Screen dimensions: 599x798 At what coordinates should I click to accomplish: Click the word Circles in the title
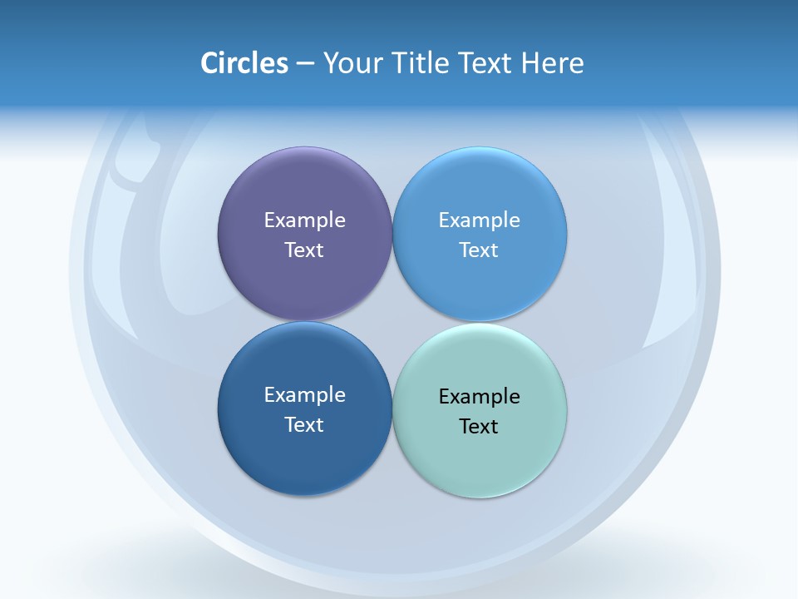pyautogui.click(x=244, y=63)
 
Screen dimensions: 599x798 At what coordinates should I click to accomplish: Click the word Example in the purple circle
pyautogui.click(x=304, y=220)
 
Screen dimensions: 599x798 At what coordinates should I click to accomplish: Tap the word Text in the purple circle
pyautogui.click(x=304, y=250)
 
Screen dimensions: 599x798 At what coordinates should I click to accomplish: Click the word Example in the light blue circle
pyautogui.click(x=479, y=220)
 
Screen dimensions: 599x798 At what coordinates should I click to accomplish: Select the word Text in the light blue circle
pyautogui.click(x=479, y=250)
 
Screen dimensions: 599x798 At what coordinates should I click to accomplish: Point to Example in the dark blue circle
pyautogui.click(x=304, y=395)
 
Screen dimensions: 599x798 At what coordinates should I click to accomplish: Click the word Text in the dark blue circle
pyautogui.click(x=304, y=425)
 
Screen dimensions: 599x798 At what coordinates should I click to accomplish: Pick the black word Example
pyautogui.click(x=479, y=397)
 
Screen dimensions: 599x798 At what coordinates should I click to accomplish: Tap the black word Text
pyautogui.click(x=479, y=427)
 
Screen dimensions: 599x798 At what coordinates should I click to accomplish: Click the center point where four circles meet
pyautogui.click(x=392, y=321)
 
